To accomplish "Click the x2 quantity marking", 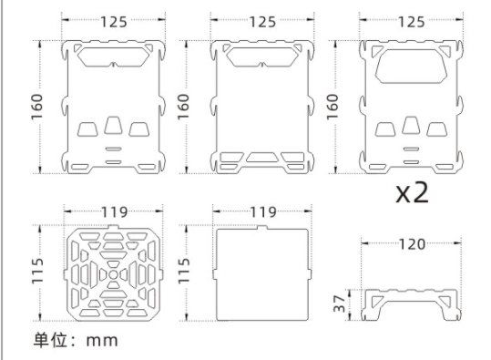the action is pos(412,192).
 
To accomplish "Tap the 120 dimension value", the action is pos(412,244).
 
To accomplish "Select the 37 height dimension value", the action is pos(340,304).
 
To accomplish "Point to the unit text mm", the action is pos(102,341).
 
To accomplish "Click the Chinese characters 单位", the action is pos(50,340).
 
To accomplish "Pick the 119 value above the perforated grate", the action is pos(114,212).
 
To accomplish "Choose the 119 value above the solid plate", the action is pos(263,212).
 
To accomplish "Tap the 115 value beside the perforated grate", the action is pos(37,272).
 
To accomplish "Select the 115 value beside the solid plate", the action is pos(184,272).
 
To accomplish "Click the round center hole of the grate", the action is pos(113,274).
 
